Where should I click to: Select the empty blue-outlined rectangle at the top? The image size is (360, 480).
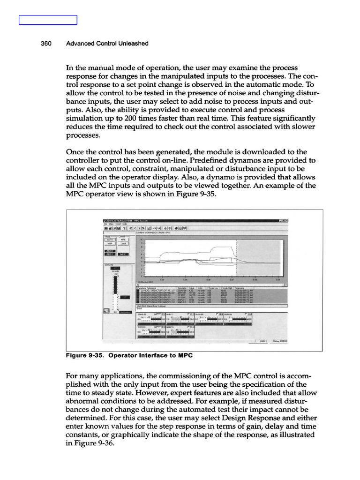point(48,20)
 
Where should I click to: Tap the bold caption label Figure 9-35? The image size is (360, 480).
point(86,355)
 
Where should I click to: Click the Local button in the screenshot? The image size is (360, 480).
point(122,244)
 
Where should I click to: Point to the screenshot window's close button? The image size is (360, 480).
point(285,220)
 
